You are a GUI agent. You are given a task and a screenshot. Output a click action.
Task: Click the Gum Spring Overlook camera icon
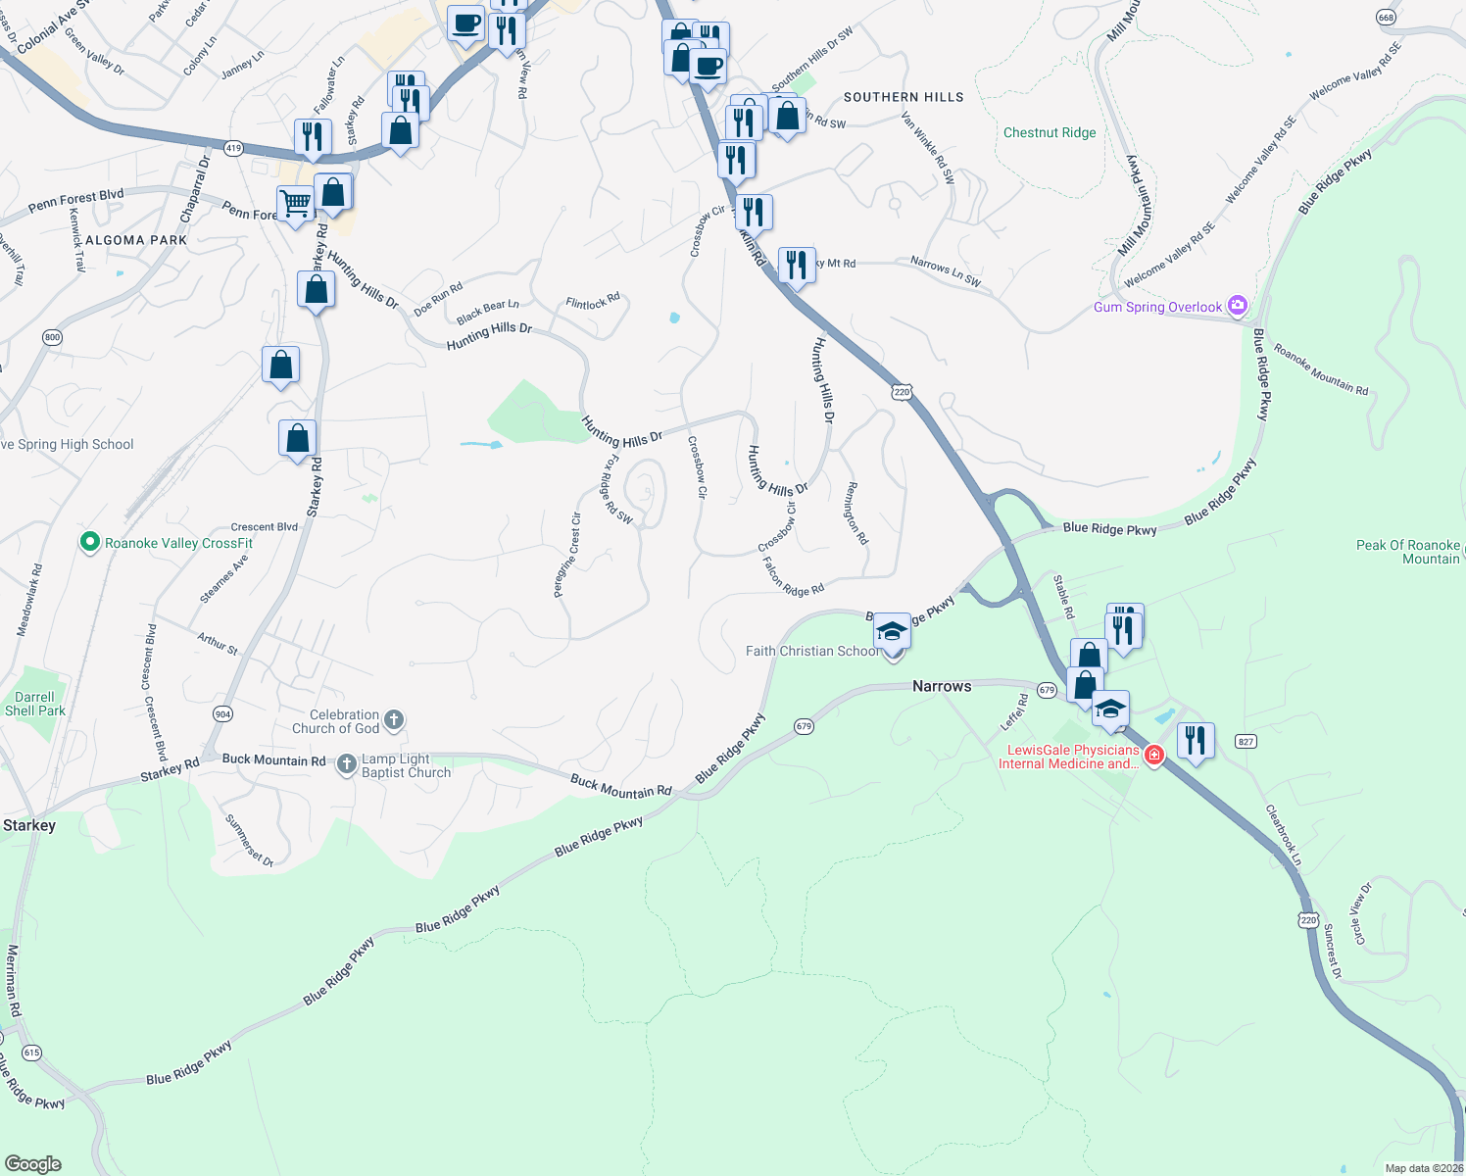point(1237,306)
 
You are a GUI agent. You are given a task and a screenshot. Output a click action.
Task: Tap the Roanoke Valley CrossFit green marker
point(90,542)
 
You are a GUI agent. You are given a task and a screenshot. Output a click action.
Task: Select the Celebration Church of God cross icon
point(393,721)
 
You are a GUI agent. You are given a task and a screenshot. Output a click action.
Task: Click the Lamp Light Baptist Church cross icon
point(347,764)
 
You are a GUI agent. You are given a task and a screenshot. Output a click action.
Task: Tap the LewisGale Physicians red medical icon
point(1154,756)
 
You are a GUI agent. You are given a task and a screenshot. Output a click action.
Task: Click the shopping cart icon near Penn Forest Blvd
point(295,204)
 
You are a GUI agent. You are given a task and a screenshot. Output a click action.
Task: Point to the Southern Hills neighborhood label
point(904,97)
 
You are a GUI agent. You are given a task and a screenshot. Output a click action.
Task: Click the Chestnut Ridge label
point(1050,132)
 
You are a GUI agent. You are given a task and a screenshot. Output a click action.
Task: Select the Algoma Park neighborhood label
point(136,240)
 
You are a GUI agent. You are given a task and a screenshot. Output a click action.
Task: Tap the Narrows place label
point(942,686)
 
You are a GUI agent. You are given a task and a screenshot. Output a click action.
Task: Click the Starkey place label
point(29,825)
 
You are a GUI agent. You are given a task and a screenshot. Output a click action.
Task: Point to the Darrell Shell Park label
point(35,704)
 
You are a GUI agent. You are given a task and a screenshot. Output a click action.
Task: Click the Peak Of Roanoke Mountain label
point(1408,552)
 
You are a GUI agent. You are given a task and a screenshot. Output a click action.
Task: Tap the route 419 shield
point(232,148)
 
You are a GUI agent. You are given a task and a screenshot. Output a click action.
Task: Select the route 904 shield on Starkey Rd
point(222,713)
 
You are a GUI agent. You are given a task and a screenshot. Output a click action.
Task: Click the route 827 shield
point(1246,741)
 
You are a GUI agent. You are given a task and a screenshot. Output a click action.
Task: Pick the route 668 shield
point(1386,18)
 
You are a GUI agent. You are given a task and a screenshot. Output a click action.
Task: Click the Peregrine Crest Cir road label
point(567,555)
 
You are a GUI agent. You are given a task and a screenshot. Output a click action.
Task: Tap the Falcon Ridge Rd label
point(793,577)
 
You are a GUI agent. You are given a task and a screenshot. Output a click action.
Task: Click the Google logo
point(32,1164)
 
